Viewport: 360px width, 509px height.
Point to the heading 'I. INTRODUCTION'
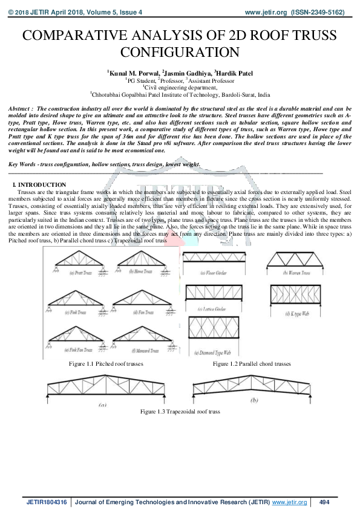coord(41,184)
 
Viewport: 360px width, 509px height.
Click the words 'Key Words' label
coord(24,164)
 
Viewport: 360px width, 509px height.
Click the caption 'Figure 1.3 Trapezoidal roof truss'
coord(180,411)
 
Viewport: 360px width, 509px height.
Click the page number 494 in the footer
coord(324,502)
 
